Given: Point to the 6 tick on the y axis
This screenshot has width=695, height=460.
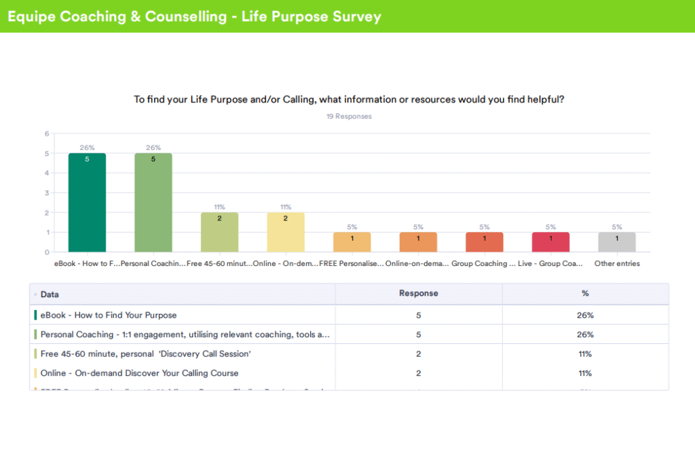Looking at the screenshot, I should pos(47,134).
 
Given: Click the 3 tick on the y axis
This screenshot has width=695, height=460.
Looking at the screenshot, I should pos(47,193).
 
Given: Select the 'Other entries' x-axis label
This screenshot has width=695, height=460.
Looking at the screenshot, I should pos(617,264).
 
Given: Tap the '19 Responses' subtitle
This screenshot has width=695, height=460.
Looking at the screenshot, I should pos(349,117).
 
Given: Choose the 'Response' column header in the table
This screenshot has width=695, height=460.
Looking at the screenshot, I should pos(418,294).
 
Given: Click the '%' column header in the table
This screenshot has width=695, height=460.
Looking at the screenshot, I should pos(585,294).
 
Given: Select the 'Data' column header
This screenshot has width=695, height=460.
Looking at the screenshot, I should pos(50,294).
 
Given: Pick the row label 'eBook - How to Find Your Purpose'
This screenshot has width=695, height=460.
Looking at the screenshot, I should pos(109,315).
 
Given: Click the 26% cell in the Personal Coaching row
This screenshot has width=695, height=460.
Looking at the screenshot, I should pos(585,334).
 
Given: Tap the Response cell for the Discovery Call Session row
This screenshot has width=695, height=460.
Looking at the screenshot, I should pos(418,354).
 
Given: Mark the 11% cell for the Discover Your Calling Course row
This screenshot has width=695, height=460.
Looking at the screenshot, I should pos(585,373).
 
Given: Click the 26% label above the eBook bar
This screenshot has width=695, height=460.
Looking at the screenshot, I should pos(87,148).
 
